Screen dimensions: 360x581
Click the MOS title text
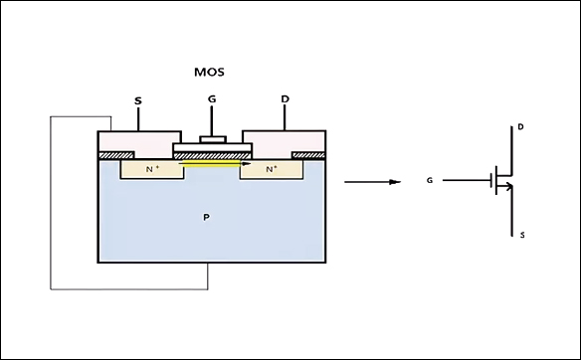pos(210,73)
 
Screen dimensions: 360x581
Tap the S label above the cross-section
pos(137,100)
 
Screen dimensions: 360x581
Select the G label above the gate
pos(211,99)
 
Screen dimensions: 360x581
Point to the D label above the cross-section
pos(285,99)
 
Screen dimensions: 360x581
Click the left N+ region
pos(151,170)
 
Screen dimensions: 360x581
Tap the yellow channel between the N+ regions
pos(212,166)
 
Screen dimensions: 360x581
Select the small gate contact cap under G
pos(211,139)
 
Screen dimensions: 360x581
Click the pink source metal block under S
pos(138,141)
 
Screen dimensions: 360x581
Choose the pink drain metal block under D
pos(285,141)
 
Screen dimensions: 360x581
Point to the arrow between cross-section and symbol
pos(372,181)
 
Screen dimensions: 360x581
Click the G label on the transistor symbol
pos(430,181)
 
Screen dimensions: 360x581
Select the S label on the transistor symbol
pos(519,235)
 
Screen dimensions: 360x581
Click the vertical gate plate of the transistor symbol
pos(493,181)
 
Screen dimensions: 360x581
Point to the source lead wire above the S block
pos(137,118)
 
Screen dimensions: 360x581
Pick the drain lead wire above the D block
pos(285,118)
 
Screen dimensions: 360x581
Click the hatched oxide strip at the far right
pos(309,155)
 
